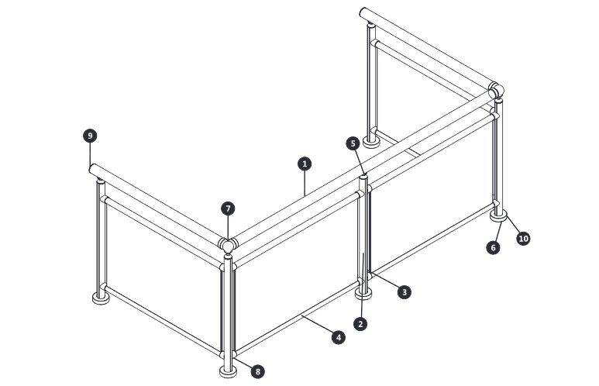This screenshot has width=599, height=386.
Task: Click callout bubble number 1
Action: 305,164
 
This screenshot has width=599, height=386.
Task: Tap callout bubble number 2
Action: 360,324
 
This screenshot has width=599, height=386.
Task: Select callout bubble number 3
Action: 404,292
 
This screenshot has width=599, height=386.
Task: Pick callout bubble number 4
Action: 338,337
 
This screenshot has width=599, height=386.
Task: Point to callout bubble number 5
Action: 353,143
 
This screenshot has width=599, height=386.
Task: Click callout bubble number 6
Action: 493,248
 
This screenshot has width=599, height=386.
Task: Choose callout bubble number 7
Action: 228,209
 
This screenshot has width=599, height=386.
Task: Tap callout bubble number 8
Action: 258,371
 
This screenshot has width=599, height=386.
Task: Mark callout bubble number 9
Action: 90,136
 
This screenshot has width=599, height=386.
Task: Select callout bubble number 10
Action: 523,239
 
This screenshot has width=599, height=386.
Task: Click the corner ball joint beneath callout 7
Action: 228,246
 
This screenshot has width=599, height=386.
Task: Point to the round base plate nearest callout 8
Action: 228,372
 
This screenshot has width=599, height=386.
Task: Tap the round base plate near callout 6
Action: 498,215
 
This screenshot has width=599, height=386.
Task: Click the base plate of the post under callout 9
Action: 101,298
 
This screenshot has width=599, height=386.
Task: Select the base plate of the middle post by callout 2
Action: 363,294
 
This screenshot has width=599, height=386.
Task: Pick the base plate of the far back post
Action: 371,142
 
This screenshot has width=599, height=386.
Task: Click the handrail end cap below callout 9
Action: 92,168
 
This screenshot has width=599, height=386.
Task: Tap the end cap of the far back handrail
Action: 363,12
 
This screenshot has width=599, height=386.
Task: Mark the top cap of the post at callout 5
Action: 363,176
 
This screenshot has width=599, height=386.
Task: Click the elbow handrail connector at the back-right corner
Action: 496,91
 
